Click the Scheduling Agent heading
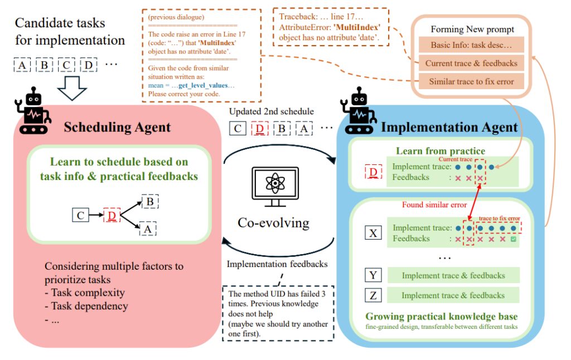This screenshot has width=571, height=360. tap(117, 127)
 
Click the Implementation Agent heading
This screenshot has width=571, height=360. tap(449, 128)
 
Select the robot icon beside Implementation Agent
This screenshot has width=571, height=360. tap(362, 114)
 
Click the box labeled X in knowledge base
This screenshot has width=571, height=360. tap(372, 233)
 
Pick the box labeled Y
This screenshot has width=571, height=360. tap(372, 275)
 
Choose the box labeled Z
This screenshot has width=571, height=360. tap(372, 295)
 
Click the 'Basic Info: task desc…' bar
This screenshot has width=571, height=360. tap(471, 45)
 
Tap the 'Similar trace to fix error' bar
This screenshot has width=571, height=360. tap(471, 81)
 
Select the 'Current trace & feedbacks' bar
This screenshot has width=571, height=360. tap(471, 63)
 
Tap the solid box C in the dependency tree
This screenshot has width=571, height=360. tap(80, 213)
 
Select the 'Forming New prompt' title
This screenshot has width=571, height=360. tap(471, 29)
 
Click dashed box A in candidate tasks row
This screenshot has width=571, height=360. tap(22, 65)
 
